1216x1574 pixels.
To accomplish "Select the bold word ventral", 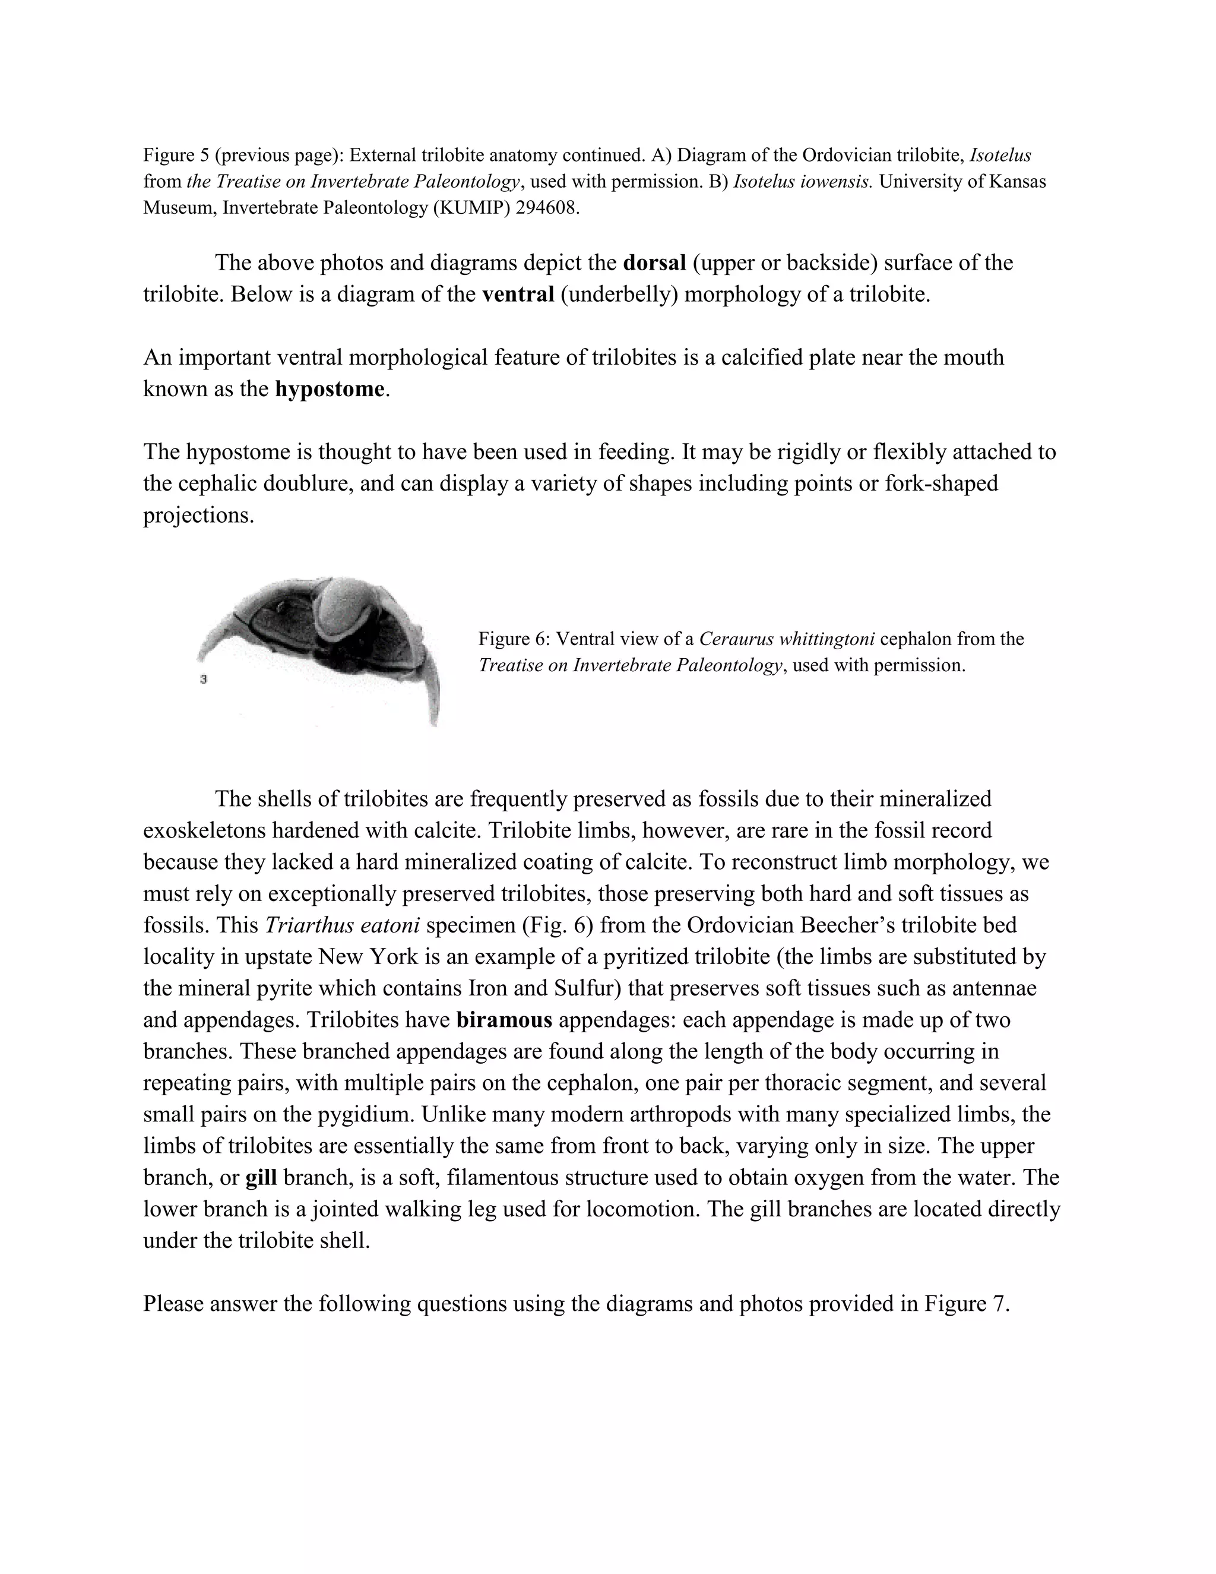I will (517, 295).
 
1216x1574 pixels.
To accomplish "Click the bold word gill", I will (261, 1178).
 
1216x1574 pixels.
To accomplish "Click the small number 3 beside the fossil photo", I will (204, 679).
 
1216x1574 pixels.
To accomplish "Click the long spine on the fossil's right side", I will (432, 692).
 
